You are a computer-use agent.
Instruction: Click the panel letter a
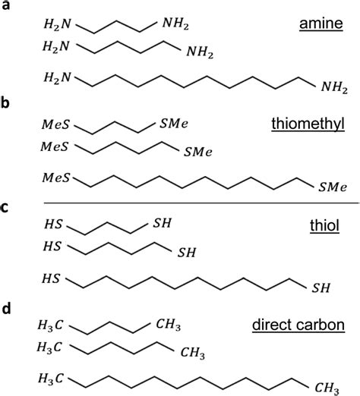[x=5, y=5]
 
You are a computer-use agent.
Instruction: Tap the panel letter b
[x=5, y=103]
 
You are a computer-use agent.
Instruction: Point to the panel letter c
[x=5, y=208]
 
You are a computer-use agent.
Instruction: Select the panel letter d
[x=6, y=308]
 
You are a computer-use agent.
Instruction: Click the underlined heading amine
[x=321, y=24]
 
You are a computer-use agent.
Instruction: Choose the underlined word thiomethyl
[x=308, y=124]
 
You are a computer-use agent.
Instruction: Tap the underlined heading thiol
[x=324, y=225]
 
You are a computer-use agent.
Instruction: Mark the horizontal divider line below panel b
[x=201, y=203]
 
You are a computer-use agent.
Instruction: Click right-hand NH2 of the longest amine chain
[x=334, y=88]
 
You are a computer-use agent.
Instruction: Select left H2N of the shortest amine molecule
[x=58, y=24]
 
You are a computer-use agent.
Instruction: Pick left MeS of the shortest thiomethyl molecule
[x=55, y=124]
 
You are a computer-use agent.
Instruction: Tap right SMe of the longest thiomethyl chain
[x=333, y=187]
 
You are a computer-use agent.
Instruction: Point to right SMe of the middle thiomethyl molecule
[x=198, y=152]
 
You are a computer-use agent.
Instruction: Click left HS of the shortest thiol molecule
[x=53, y=224]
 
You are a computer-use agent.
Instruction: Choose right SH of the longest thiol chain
[x=321, y=288]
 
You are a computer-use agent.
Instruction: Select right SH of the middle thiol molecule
[x=187, y=253]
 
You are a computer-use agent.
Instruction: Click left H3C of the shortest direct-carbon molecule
[x=50, y=325]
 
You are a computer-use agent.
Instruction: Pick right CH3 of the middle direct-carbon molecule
[x=193, y=353]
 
